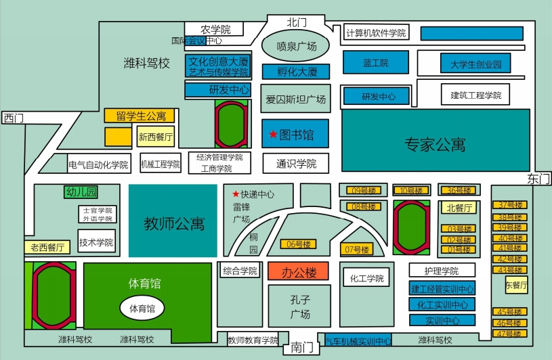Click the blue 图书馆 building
point(295,134)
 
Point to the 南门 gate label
point(302,348)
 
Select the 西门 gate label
point(14,118)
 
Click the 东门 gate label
point(538,179)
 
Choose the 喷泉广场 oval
point(296,46)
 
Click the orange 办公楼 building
point(298,272)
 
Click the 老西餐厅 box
point(47,247)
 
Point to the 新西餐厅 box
point(156,136)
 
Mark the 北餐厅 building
point(459,207)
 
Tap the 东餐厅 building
point(516,286)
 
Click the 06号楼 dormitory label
point(297,244)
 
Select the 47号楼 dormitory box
point(511,333)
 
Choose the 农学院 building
point(216,30)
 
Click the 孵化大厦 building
point(294,71)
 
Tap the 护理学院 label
point(441,271)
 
